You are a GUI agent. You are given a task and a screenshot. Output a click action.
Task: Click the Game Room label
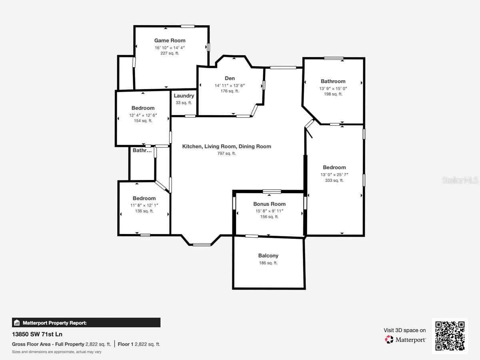tap(170, 40)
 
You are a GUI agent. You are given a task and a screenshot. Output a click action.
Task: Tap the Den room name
tap(230, 78)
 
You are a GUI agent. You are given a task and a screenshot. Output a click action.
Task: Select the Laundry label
tap(184, 96)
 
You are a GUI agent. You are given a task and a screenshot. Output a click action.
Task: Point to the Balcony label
tap(268, 256)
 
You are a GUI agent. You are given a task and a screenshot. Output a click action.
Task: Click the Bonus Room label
tap(270, 204)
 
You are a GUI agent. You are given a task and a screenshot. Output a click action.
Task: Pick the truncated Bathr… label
tap(142, 150)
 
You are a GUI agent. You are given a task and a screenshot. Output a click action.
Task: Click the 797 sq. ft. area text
tap(226, 154)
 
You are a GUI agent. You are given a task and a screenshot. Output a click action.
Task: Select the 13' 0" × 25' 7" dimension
tap(334, 175)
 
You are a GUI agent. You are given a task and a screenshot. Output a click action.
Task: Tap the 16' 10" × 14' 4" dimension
tap(170, 48)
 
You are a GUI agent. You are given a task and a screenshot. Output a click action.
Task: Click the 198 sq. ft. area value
tap(333, 94)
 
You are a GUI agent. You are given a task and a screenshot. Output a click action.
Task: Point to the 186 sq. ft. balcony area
tap(268, 263)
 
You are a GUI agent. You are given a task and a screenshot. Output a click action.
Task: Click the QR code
tap(450, 336)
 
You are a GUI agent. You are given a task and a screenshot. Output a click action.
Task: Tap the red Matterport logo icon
tap(389, 340)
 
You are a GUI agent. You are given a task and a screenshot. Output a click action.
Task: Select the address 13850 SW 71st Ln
tap(37, 334)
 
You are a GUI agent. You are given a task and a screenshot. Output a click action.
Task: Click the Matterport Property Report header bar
tap(86, 323)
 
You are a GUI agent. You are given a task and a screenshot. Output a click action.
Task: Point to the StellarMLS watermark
tap(460, 180)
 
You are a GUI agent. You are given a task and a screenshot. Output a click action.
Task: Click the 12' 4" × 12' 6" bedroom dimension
tap(143, 115)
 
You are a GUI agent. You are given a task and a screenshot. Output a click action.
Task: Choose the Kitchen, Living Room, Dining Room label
tap(226, 146)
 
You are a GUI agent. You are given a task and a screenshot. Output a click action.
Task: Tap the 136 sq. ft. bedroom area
tap(144, 211)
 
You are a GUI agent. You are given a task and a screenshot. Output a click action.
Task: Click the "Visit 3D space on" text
tap(404, 330)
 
